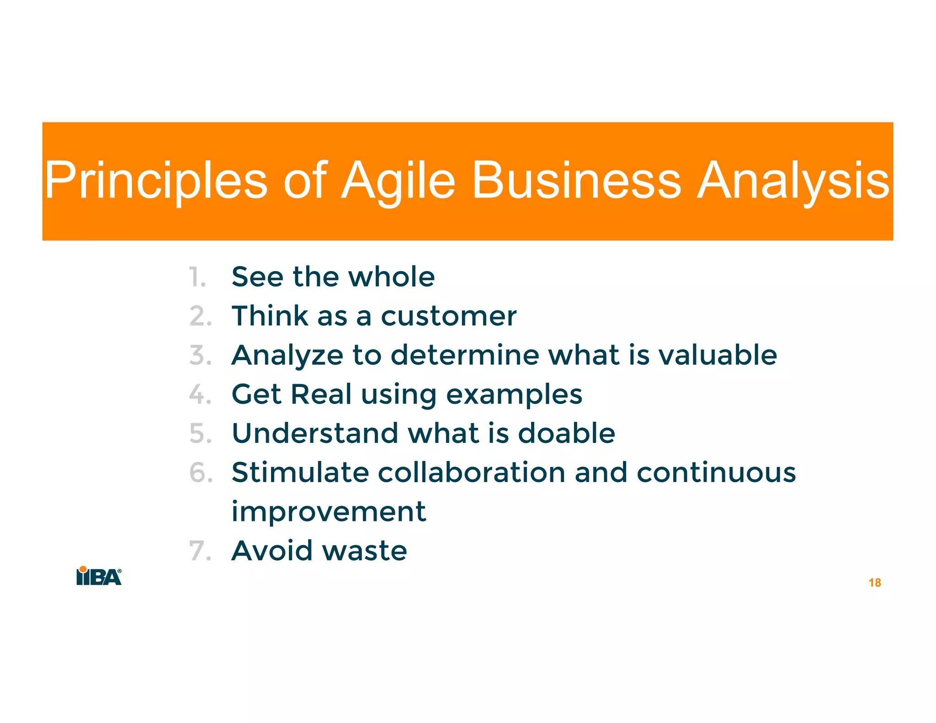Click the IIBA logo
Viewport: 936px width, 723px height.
(x=99, y=576)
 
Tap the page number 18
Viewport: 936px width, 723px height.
(x=874, y=583)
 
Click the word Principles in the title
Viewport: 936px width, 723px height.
(x=156, y=181)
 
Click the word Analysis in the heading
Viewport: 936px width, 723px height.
(x=792, y=181)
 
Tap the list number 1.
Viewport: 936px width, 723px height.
(x=197, y=277)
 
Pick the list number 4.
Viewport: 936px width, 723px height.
(x=200, y=394)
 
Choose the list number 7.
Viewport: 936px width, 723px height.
(x=200, y=551)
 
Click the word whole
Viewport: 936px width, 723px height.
(x=391, y=277)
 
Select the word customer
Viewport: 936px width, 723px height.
(x=448, y=316)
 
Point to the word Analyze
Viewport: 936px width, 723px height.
(x=287, y=356)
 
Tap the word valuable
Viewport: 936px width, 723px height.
(x=717, y=355)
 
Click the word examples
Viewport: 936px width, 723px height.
(x=514, y=395)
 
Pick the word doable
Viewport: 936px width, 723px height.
(x=566, y=433)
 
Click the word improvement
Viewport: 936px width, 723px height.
(x=329, y=512)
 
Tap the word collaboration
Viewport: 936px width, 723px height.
(x=471, y=473)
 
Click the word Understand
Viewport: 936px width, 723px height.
(x=315, y=433)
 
